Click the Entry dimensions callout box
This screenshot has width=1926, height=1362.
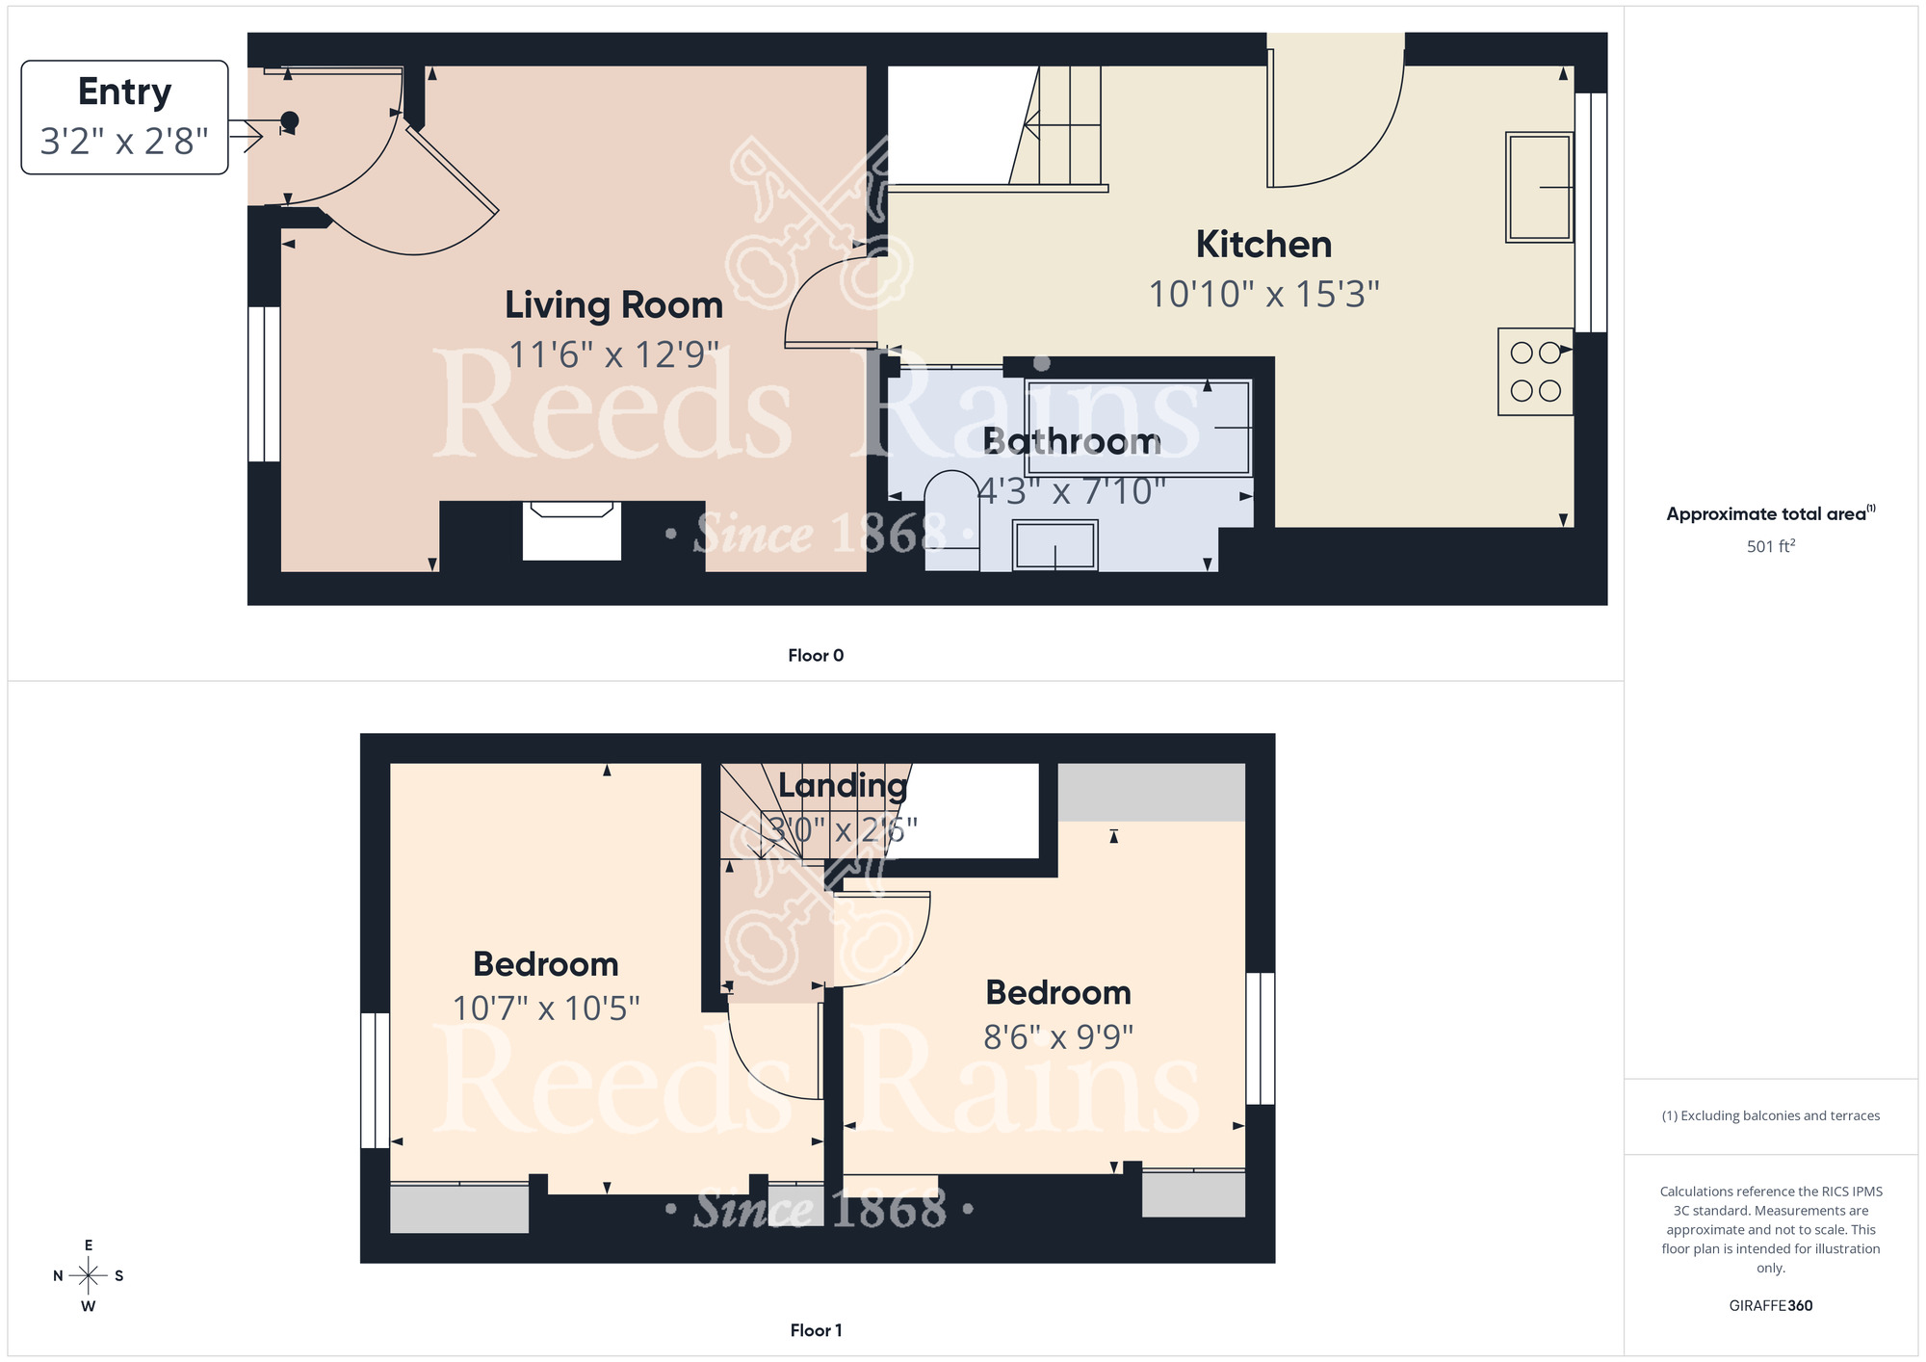click(124, 118)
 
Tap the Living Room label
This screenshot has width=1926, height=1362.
click(613, 305)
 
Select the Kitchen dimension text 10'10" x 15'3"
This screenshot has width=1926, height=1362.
click(1263, 295)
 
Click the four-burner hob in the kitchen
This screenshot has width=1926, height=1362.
click(1535, 372)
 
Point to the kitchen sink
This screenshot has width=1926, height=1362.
click(1539, 187)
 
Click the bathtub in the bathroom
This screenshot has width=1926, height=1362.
click(1138, 428)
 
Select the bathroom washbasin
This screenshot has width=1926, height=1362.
click(1054, 546)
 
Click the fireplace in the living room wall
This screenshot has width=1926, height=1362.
click(571, 531)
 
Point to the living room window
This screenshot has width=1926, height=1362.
click(264, 384)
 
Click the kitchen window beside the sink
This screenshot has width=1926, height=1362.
click(1590, 212)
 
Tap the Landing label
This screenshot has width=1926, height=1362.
click(843, 786)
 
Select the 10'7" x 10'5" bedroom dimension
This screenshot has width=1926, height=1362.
click(546, 1008)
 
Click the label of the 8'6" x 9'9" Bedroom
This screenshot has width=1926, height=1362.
click(1058, 993)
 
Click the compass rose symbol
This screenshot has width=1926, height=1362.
click(89, 1276)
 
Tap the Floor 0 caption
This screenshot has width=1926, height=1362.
click(816, 656)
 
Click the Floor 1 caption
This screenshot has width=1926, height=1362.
click(816, 1330)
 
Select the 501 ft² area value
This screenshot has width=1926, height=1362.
click(1770, 546)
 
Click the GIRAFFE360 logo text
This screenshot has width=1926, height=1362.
click(1770, 1306)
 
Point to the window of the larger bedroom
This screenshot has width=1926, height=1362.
click(375, 1080)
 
